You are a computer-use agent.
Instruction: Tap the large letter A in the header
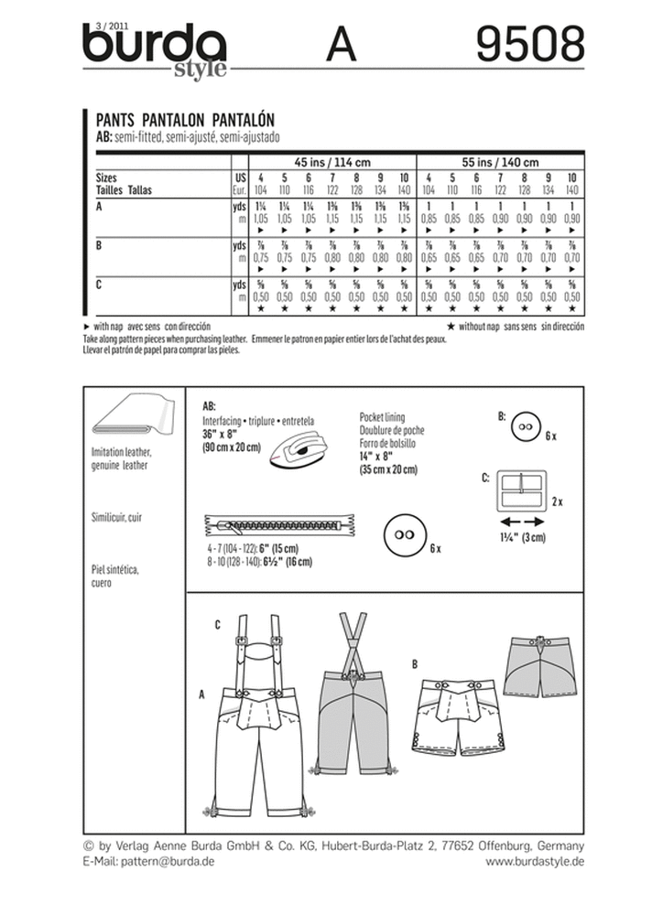(x=340, y=44)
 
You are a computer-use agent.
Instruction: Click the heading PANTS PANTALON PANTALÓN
(x=186, y=119)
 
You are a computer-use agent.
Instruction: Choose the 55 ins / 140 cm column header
(x=500, y=160)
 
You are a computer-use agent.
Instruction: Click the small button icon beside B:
(x=525, y=425)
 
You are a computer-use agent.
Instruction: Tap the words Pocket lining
(x=386, y=415)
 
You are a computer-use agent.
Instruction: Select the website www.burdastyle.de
(x=535, y=861)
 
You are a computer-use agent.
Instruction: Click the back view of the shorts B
(x=538, y=666)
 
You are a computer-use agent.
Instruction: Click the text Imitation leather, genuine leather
(x=123, y=458)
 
